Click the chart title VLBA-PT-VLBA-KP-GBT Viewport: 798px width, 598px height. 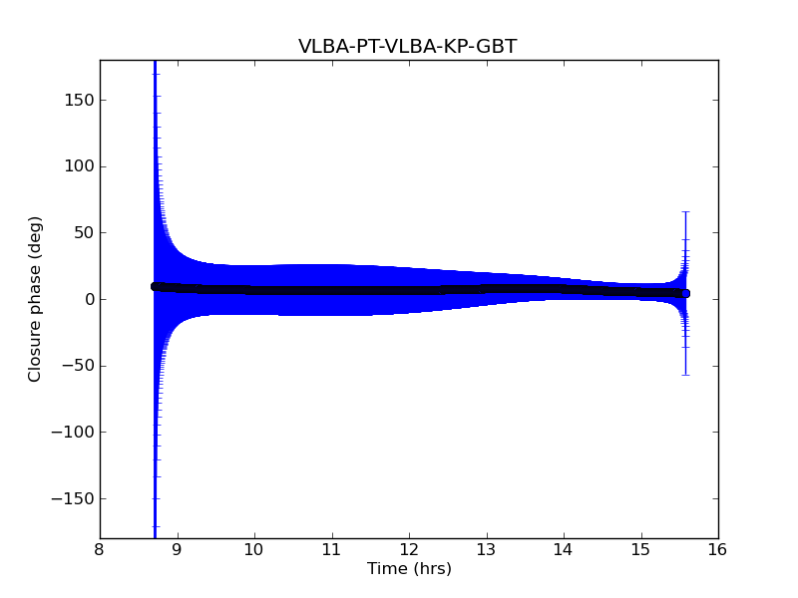pos(407,47)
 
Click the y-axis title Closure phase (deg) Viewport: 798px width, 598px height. pos(36,299)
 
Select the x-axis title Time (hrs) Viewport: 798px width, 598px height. pos(409,569)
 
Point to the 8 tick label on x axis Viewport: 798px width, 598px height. pos(100,550)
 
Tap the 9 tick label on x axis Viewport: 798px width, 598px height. pos(178,550)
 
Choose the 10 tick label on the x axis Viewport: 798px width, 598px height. pos(254,550)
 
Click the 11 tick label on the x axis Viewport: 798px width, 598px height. pos(331,550)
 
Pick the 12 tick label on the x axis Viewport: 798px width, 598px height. pos(409,550)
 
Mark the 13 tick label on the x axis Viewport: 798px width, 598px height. pos(486,550)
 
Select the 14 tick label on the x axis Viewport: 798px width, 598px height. pos(564,550)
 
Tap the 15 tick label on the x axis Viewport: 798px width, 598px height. pos(640,550)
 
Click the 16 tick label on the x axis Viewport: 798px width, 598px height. pos(718,550)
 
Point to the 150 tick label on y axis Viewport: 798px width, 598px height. pos(77,100)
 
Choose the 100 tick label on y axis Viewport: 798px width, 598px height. pos(77,166)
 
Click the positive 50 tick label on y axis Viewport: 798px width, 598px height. pos(81,232)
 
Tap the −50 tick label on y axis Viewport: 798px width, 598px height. pos(76,366)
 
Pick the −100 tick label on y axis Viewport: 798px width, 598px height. pos(72,432)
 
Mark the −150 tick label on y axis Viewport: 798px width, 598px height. pos(72,498)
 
